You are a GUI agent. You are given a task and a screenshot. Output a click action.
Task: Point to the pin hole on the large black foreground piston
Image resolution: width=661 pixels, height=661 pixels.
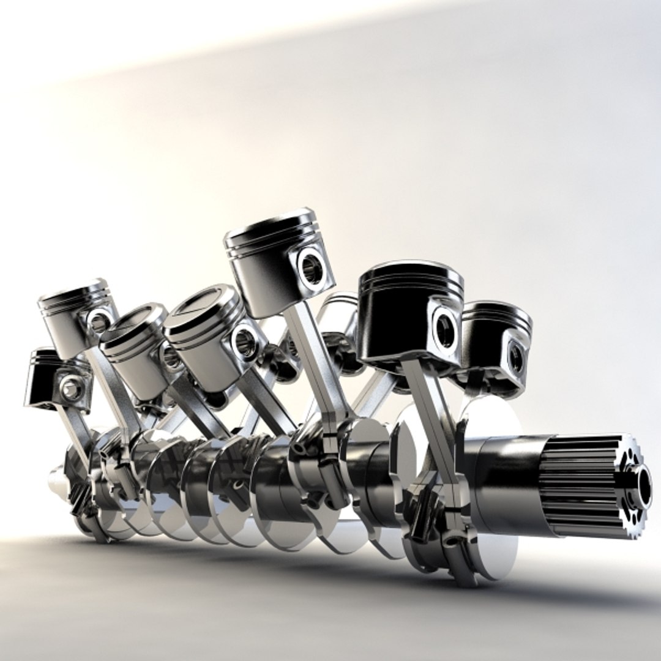[x=445, y=327]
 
